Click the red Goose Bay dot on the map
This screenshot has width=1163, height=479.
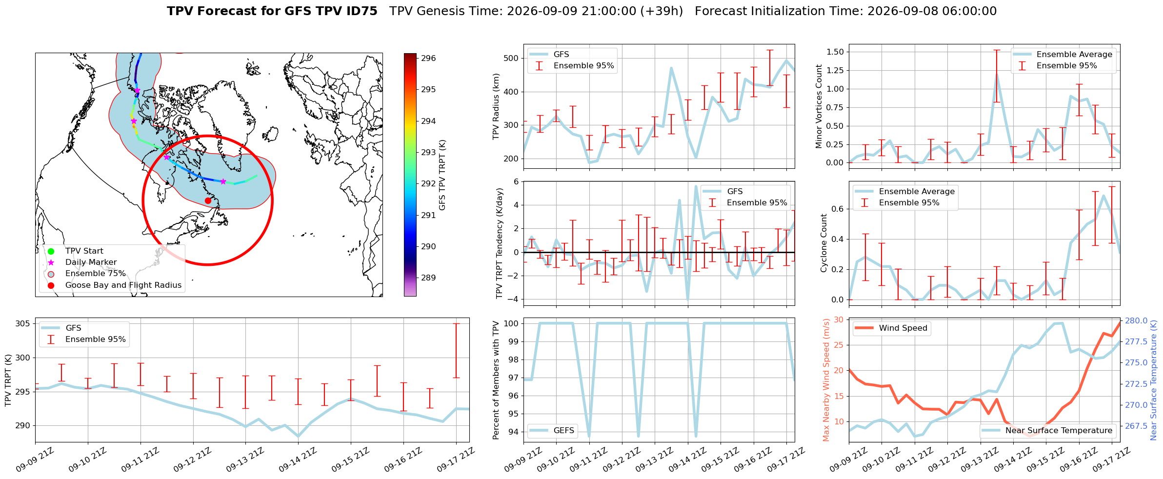pos(208,200)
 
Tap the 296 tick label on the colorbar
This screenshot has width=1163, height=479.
pos(428,58)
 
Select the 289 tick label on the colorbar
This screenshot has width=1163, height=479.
pos(428,278)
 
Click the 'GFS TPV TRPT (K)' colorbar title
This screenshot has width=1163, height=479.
pos(442,175)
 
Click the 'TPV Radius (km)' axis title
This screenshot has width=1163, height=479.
pos(497,106)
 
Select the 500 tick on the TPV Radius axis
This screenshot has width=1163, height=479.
pos(511,58)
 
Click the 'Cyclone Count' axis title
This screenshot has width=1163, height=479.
pos(824,243)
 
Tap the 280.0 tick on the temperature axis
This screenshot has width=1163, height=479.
pos(1136,320)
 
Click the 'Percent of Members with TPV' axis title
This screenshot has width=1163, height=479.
pos(497,380)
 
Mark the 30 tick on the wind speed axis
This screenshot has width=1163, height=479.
pos(839,319)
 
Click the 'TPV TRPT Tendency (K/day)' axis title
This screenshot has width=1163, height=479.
pos(500,243)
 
